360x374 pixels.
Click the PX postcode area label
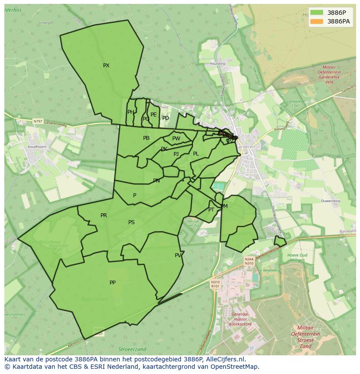(106, 66)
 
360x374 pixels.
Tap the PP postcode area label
(113, 283)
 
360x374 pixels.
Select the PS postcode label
(131, 222)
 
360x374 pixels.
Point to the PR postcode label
(103, 215)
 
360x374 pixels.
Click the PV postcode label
(178, 255)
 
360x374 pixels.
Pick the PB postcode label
(146, 138)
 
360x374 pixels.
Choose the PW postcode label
(176, 139)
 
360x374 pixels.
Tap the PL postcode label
(196, 154)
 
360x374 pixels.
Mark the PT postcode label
(211, 210)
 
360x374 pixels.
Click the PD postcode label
(166, 118)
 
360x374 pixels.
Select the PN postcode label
(157, 181)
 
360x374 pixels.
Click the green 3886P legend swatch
(317, 13)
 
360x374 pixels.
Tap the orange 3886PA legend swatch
(317, 21)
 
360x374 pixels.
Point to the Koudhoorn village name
(37, 147)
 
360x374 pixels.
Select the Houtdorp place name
(217, 64)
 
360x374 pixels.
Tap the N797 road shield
(38, 122)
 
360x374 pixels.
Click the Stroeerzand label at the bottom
(132, 349)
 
